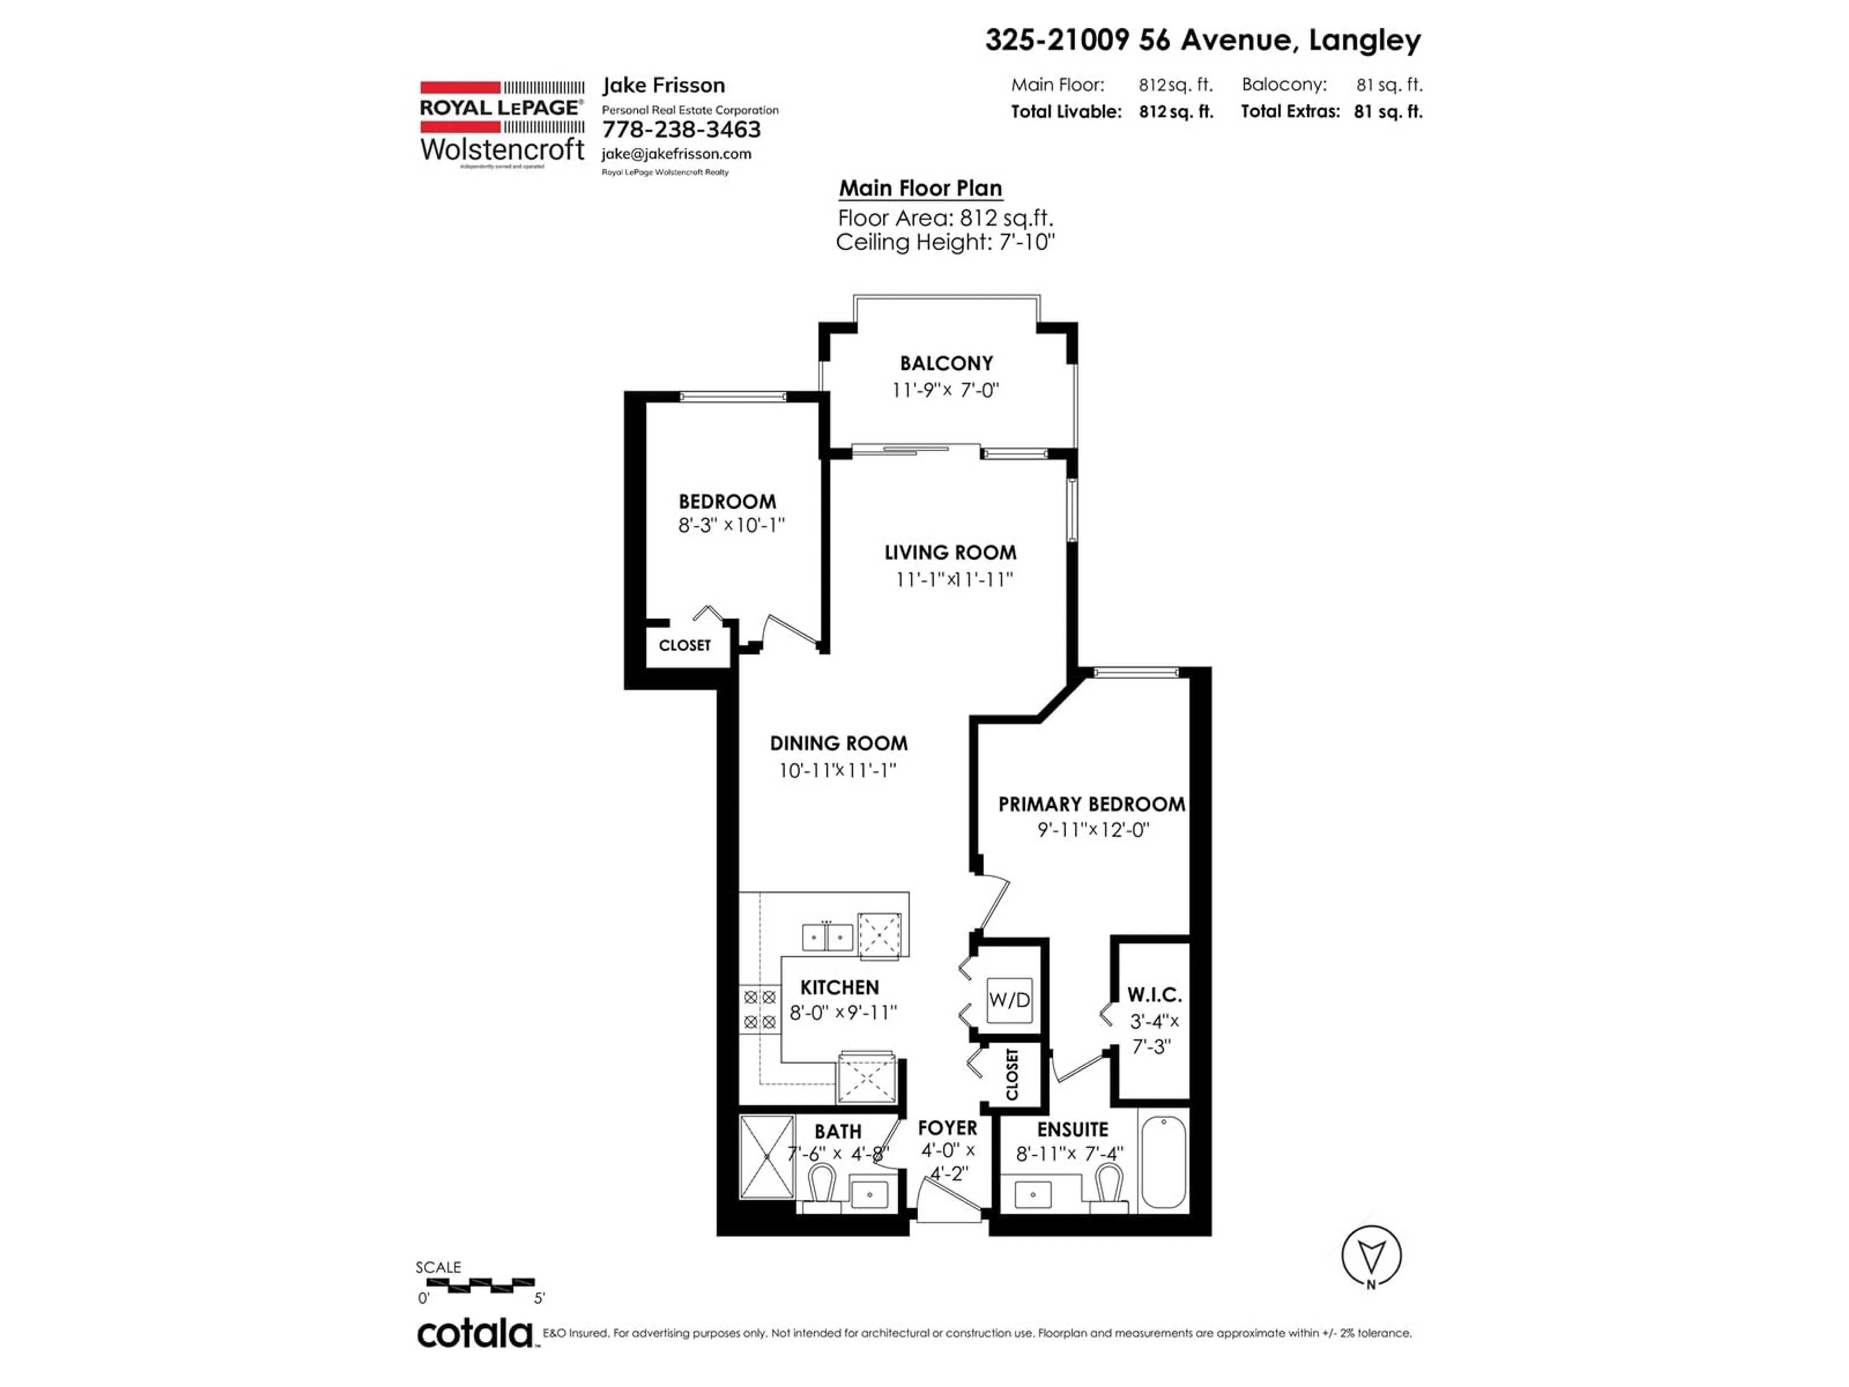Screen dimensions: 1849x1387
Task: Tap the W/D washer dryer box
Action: point(1009,999)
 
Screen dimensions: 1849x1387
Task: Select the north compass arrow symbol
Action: point(1371,1255)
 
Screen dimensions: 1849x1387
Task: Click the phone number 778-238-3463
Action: point(681,130)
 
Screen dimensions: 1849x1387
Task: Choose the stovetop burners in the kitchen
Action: point(760,1009)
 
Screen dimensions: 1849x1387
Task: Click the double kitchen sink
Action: point(828,937)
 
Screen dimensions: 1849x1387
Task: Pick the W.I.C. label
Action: point(1154,995)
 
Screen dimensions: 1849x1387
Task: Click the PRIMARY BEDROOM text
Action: point(1092,804)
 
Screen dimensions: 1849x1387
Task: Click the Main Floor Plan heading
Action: point(920,189)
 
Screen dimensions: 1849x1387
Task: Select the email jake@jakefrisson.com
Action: point(676,154)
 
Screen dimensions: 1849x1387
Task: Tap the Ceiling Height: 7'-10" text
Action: point(945,242)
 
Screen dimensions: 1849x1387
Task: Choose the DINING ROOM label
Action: point(838,743)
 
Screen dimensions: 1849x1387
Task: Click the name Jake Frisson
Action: point(664,85)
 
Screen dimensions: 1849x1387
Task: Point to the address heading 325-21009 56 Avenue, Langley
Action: point(1203,40)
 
